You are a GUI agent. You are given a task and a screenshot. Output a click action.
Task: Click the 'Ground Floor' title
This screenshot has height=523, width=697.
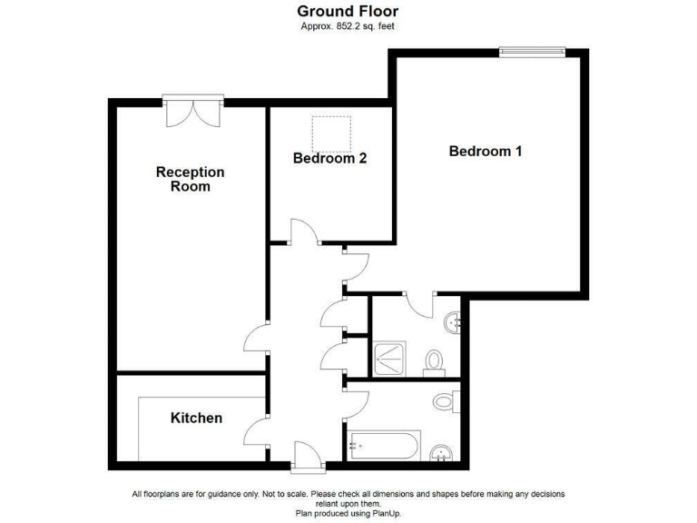click(x=348, y=12)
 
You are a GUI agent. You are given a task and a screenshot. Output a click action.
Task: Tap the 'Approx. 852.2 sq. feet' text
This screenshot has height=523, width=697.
click(x=348, y=26)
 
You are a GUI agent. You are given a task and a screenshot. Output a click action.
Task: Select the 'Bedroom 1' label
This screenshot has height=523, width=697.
click(x=486, y=152)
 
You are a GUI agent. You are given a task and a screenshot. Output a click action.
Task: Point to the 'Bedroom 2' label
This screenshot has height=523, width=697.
click(x=329, y=158)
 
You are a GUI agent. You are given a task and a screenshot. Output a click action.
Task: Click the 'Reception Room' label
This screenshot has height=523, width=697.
click(x=190, y=179)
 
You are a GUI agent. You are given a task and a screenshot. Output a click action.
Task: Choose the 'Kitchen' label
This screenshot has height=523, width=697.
click(x=196, y=418)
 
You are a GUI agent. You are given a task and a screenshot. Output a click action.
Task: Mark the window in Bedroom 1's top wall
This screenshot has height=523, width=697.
click(x=532, y=52)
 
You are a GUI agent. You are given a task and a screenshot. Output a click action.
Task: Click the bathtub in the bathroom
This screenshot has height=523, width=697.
click(x=385, y=446)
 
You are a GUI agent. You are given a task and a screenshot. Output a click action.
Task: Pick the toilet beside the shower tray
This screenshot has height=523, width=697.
click(x=434, y=361)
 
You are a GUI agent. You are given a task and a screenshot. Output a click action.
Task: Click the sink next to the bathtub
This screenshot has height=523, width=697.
click(x=442, y=451)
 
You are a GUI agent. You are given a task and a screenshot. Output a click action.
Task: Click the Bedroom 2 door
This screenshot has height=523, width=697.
click(x=303, y=232)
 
